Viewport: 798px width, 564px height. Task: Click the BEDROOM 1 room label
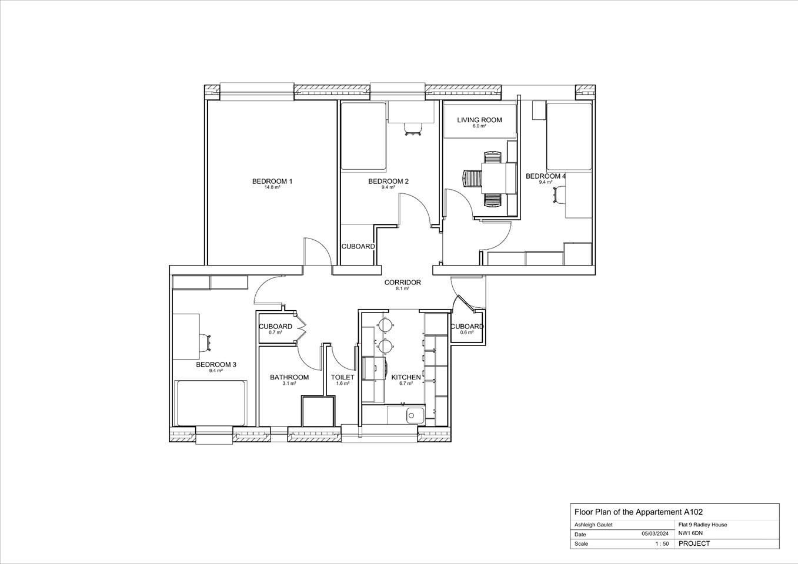(x=272, y=181)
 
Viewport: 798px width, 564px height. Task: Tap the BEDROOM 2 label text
(x=388, y=181)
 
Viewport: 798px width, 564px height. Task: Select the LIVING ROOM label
(x=479, y=120)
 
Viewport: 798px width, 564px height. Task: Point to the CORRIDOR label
(x=402, y=283)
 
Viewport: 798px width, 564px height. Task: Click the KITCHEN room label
(x=406, y=377)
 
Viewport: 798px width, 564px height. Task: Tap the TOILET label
(x=342, y=377)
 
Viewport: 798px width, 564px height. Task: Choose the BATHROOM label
(x=289, y=377)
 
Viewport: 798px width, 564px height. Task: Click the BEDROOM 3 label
(x=216, y=365)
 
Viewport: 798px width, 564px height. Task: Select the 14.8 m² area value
(x=272, y=187)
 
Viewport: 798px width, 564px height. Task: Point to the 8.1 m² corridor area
(x=402, y=289)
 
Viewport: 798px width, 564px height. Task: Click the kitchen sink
(x=414, y=415)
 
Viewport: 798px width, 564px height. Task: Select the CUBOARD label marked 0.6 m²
(x=467, y=327)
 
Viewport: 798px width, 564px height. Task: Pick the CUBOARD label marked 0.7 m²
(x=275, y=327)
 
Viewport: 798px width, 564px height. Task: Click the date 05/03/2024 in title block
(x=655, y=534)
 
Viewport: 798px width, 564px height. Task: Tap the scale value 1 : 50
(x=662, y=544)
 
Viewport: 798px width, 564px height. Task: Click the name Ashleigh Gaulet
(x=593, y=525)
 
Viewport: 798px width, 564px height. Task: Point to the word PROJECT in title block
(x=694, y=543)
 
